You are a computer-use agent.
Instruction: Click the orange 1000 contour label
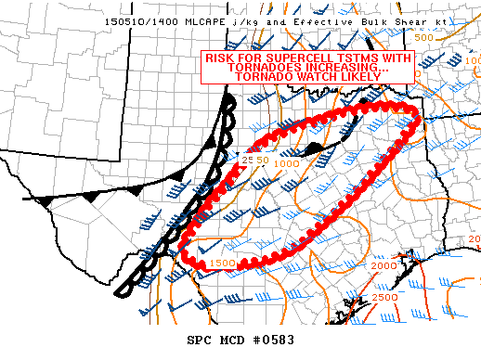286,163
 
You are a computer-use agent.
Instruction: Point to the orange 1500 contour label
221,264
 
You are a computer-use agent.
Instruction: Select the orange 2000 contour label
382,266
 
